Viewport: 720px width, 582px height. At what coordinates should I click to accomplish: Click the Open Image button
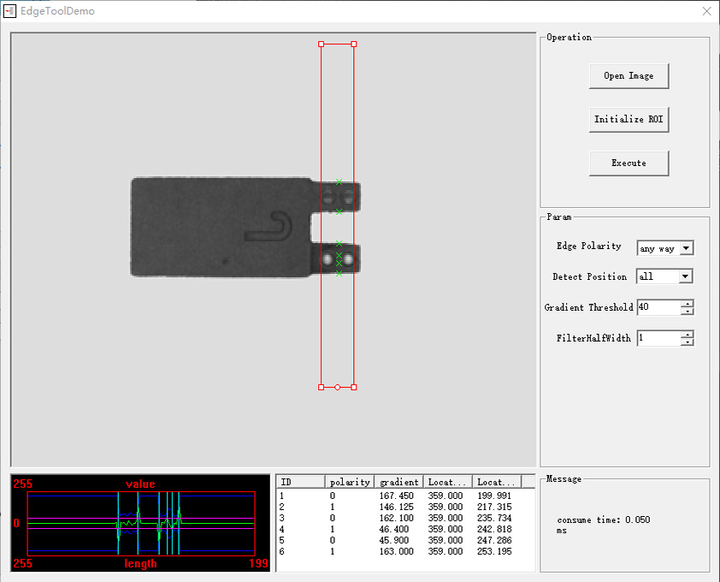(629, 76)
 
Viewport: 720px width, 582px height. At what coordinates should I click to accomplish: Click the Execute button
(629, 163)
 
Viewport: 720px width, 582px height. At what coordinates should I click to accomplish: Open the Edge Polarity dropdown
(686, 248)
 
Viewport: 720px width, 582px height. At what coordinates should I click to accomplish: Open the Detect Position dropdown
(685, 276)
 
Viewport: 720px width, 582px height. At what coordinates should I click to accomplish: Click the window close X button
(706, 11)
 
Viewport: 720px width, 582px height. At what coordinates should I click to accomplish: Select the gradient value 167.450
(394, 496)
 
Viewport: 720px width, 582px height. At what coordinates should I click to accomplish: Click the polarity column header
(350, 482)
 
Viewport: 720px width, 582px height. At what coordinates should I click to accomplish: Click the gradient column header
(398, 482)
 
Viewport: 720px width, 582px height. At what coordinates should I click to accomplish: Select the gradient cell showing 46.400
(392, 529)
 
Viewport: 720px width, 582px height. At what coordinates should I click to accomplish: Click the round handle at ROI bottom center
(337, 388)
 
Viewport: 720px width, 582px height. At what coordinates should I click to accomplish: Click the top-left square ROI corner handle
(322, 44)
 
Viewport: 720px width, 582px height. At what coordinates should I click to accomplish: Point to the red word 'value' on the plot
(140, 484)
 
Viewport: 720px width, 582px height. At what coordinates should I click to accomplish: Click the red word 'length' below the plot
(140, 563)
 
